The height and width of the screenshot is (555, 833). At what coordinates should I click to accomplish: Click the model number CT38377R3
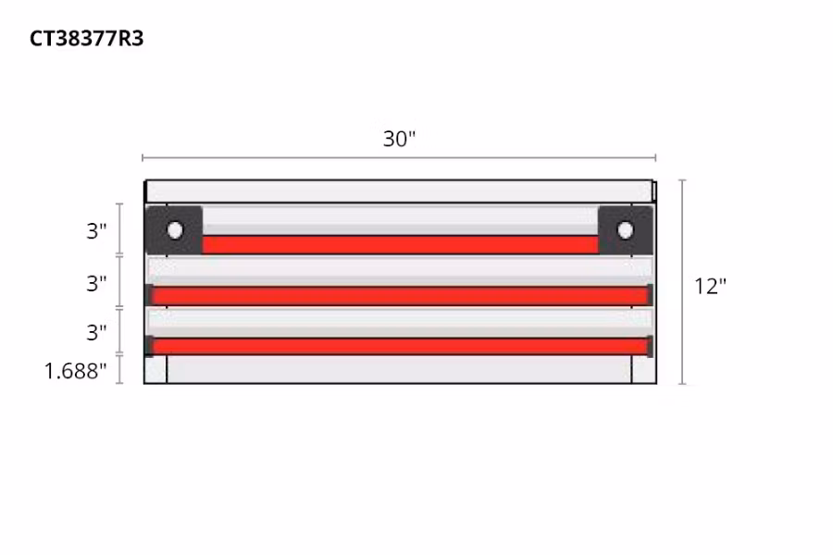(x=87, y=39)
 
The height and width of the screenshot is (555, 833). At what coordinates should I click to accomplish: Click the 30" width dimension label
(x=400, y=140)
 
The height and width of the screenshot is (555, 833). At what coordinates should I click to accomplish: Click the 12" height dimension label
(x=711, y=286)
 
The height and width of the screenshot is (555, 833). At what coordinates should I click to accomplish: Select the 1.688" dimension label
(x=76, y=372)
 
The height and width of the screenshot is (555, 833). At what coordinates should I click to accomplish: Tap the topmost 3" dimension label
(x=97, y=231)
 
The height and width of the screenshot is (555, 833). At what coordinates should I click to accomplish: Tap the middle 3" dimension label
(x=97, y=283)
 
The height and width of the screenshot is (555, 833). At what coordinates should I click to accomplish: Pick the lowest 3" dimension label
(x=97, y=332)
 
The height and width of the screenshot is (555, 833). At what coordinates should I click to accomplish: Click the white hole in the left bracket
(x=175, y=229)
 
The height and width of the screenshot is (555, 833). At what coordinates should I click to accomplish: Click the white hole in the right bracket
(x=625, y=229)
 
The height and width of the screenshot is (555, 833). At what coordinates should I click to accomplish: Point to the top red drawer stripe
(x=400, y=244)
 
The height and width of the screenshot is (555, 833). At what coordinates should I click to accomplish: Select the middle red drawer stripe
(x=400, y=296)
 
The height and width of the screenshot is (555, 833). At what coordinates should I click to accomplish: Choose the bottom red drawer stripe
(x=400, y=346)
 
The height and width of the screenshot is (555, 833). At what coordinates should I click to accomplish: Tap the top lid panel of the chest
(x=400, y=191)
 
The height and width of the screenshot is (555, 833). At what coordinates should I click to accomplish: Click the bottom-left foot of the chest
(x=155, y=370)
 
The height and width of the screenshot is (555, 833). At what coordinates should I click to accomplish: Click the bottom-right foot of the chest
(x=643, y=370)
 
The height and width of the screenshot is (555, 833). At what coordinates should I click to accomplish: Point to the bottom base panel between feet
(x=400, y=370)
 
